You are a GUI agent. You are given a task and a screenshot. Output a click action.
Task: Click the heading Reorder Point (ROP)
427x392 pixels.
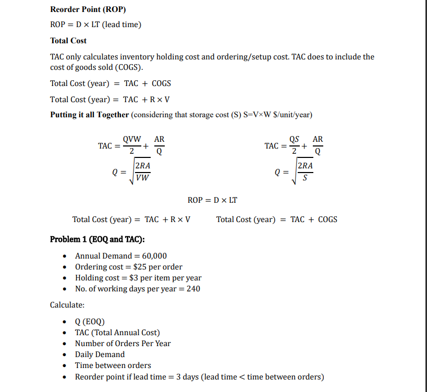coord(88,9)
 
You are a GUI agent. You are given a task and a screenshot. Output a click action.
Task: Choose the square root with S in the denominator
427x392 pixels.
coord(304,171)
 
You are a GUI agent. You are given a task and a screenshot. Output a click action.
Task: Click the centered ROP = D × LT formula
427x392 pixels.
coord(213,200)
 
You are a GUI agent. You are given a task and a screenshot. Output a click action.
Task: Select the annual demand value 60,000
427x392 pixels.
coord(154,255)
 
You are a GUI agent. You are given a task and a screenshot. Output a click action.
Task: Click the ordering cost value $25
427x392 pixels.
coord(141,267)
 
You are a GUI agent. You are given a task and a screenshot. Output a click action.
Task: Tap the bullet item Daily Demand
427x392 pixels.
coord(100,354)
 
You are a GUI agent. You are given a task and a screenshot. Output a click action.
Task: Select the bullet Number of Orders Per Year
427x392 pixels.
coord(123,344)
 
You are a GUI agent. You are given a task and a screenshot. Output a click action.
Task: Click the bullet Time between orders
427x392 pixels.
coord(113,365)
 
